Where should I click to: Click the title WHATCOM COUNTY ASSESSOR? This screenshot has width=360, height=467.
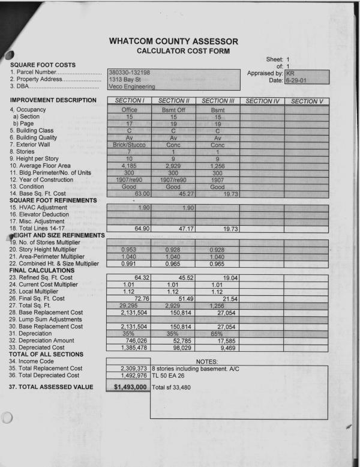pos(174,41)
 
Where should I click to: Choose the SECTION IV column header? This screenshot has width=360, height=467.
pos(262,101)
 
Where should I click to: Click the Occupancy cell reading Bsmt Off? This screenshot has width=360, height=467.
pos(173,110)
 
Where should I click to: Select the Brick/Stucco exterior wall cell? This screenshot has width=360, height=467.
pos(130,145)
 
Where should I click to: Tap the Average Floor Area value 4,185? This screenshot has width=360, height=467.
pos(130,166)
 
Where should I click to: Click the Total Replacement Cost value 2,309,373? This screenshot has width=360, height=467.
pos(134,367)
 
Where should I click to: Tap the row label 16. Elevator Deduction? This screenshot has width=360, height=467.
pos(45,214)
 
